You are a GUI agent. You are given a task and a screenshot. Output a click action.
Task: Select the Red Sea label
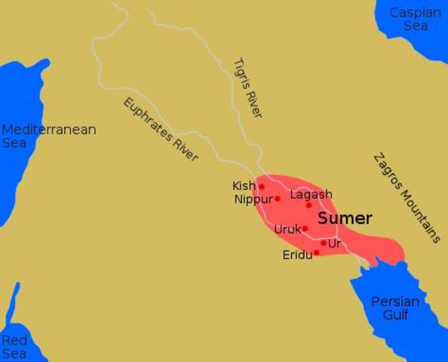coord(14,347)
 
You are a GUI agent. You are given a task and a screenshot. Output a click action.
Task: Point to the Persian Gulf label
coord(395,308)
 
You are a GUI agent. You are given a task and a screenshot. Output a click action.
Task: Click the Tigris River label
coord(247,87)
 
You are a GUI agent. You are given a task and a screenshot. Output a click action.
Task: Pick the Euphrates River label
coord(161,130)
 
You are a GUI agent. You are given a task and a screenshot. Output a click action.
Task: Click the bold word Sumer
coord(345,219)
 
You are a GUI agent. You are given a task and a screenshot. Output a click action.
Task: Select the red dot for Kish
coord(262,186)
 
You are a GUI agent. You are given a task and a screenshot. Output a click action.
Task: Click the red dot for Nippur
coord(278,199)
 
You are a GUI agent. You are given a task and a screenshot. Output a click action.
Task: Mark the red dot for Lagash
coord(308,205)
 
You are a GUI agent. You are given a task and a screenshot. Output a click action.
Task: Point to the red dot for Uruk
coord(305,229)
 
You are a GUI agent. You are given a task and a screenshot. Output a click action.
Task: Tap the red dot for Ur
coord(324,243)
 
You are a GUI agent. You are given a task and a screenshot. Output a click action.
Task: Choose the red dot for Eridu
coord(317,253)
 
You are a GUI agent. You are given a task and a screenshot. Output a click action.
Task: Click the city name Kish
coord(244,186)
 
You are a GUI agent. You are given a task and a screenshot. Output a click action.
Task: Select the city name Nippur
coord(253,200)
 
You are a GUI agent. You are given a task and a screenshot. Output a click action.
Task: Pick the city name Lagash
coord(311,195)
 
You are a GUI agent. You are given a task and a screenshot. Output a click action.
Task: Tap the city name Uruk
coord(287,229)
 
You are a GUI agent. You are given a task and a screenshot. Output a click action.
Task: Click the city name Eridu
coord(297,256)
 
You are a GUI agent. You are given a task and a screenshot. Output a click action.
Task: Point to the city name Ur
coord(335,244)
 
